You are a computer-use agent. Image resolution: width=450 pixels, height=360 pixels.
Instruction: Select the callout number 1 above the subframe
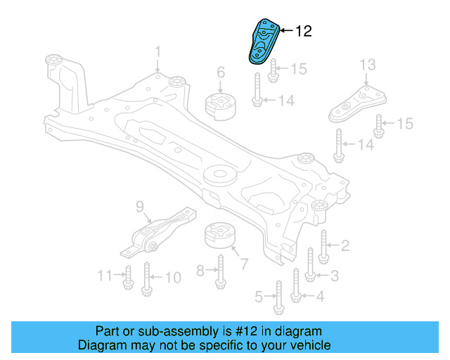click(158, 51)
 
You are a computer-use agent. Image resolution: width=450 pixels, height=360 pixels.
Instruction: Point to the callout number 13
click(368, 65)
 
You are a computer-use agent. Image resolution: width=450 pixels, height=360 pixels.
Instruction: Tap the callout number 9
click(139, 207)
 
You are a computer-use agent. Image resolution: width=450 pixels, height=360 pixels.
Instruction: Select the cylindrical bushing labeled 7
click(220, 238)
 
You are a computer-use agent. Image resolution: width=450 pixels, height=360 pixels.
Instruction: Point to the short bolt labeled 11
click(128, 278)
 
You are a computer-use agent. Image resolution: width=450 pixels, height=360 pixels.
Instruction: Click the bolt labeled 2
click(323, 245)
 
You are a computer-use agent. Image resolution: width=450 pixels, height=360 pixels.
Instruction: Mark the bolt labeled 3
click(310, 265)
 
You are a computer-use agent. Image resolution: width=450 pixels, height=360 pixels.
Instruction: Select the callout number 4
click(320, 297)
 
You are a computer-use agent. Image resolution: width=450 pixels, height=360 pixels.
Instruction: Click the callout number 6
click(220, 72)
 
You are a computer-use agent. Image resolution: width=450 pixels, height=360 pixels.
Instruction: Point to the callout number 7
click(244, 264)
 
